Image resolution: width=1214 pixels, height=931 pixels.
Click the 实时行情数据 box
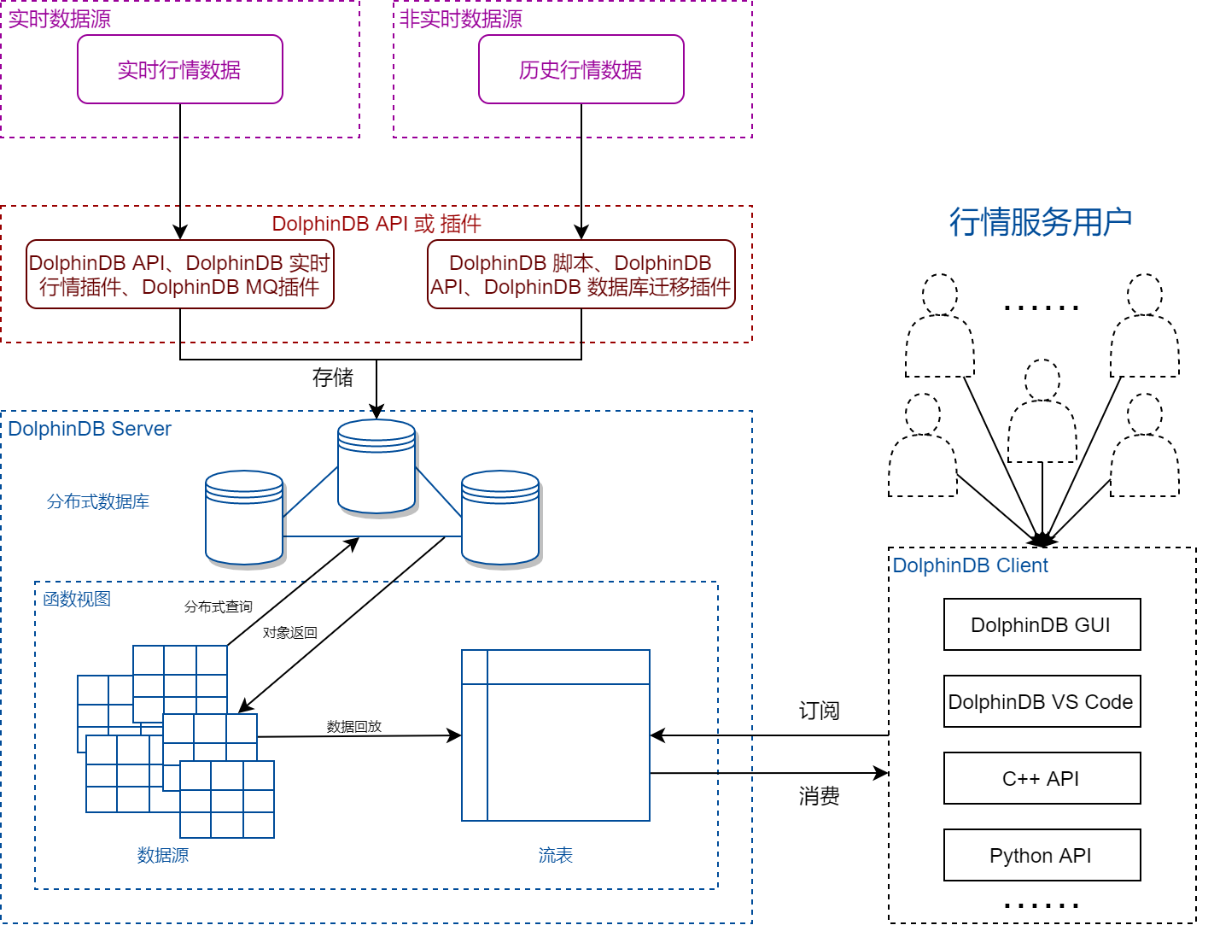point(179,69)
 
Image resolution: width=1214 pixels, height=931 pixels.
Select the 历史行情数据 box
point(581,69)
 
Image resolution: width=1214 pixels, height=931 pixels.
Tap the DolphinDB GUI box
point(1042,624)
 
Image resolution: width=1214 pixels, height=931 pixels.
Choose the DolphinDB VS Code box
point(1042,701)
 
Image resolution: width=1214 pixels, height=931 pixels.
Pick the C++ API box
point(1042,778)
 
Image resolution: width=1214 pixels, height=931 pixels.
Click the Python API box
point(1042,855)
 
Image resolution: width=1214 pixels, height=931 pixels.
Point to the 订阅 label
point(819,711)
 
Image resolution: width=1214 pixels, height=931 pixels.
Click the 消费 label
point(819,796)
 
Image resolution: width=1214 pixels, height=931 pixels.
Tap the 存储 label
point(332,377)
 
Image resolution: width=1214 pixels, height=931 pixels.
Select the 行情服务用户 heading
point(1041,222)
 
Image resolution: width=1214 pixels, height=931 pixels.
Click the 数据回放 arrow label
point(353,726)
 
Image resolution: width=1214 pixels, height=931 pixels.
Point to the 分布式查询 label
point(219,606)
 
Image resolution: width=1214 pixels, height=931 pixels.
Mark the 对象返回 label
point(289,633)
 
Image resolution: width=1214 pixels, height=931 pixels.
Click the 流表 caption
point(555,855)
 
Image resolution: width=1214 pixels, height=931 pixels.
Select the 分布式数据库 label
point(98,501)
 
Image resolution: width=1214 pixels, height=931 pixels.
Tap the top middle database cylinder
point(376,466)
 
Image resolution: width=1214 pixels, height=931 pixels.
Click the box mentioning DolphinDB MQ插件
point(179,274)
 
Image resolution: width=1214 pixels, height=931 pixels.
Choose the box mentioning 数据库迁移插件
point(581,274)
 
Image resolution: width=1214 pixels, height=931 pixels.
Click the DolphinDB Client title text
point(970,565)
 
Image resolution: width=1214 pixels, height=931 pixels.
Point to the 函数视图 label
point(77,599)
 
